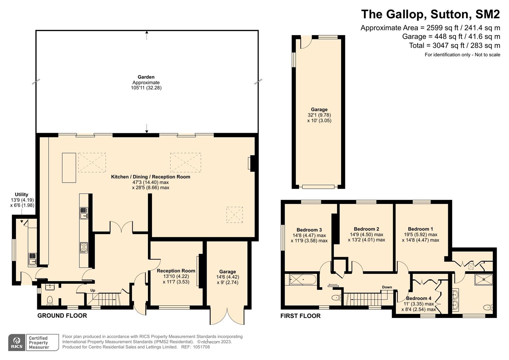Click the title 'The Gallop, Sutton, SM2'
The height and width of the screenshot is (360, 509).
click(x=430, y=14)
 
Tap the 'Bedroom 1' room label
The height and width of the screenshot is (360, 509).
click(x=420, y=229)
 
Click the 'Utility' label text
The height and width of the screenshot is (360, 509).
click(x=21, y=194)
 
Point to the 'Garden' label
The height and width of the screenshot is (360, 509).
click(x=146, y=77)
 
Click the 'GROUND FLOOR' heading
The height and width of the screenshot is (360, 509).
click(x=62, y=316)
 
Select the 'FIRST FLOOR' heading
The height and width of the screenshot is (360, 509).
click(x=300, y=316)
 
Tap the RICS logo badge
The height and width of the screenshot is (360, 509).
click(x=17, y=342)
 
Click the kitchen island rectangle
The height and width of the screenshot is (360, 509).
click(x=69, y=168)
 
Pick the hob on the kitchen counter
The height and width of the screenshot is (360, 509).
click(x=84, y=247)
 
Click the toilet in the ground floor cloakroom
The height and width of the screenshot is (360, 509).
click(x=50, y=300)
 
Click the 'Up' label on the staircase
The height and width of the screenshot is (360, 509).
click(x=93, y=290)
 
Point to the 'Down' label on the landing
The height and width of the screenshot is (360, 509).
click(x=387, y=287)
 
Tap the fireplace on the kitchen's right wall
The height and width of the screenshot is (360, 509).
click(x=251, y=164)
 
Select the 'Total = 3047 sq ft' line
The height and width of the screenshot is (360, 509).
click(x=454, y=45)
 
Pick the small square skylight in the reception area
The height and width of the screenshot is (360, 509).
click(x=235, y=214)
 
